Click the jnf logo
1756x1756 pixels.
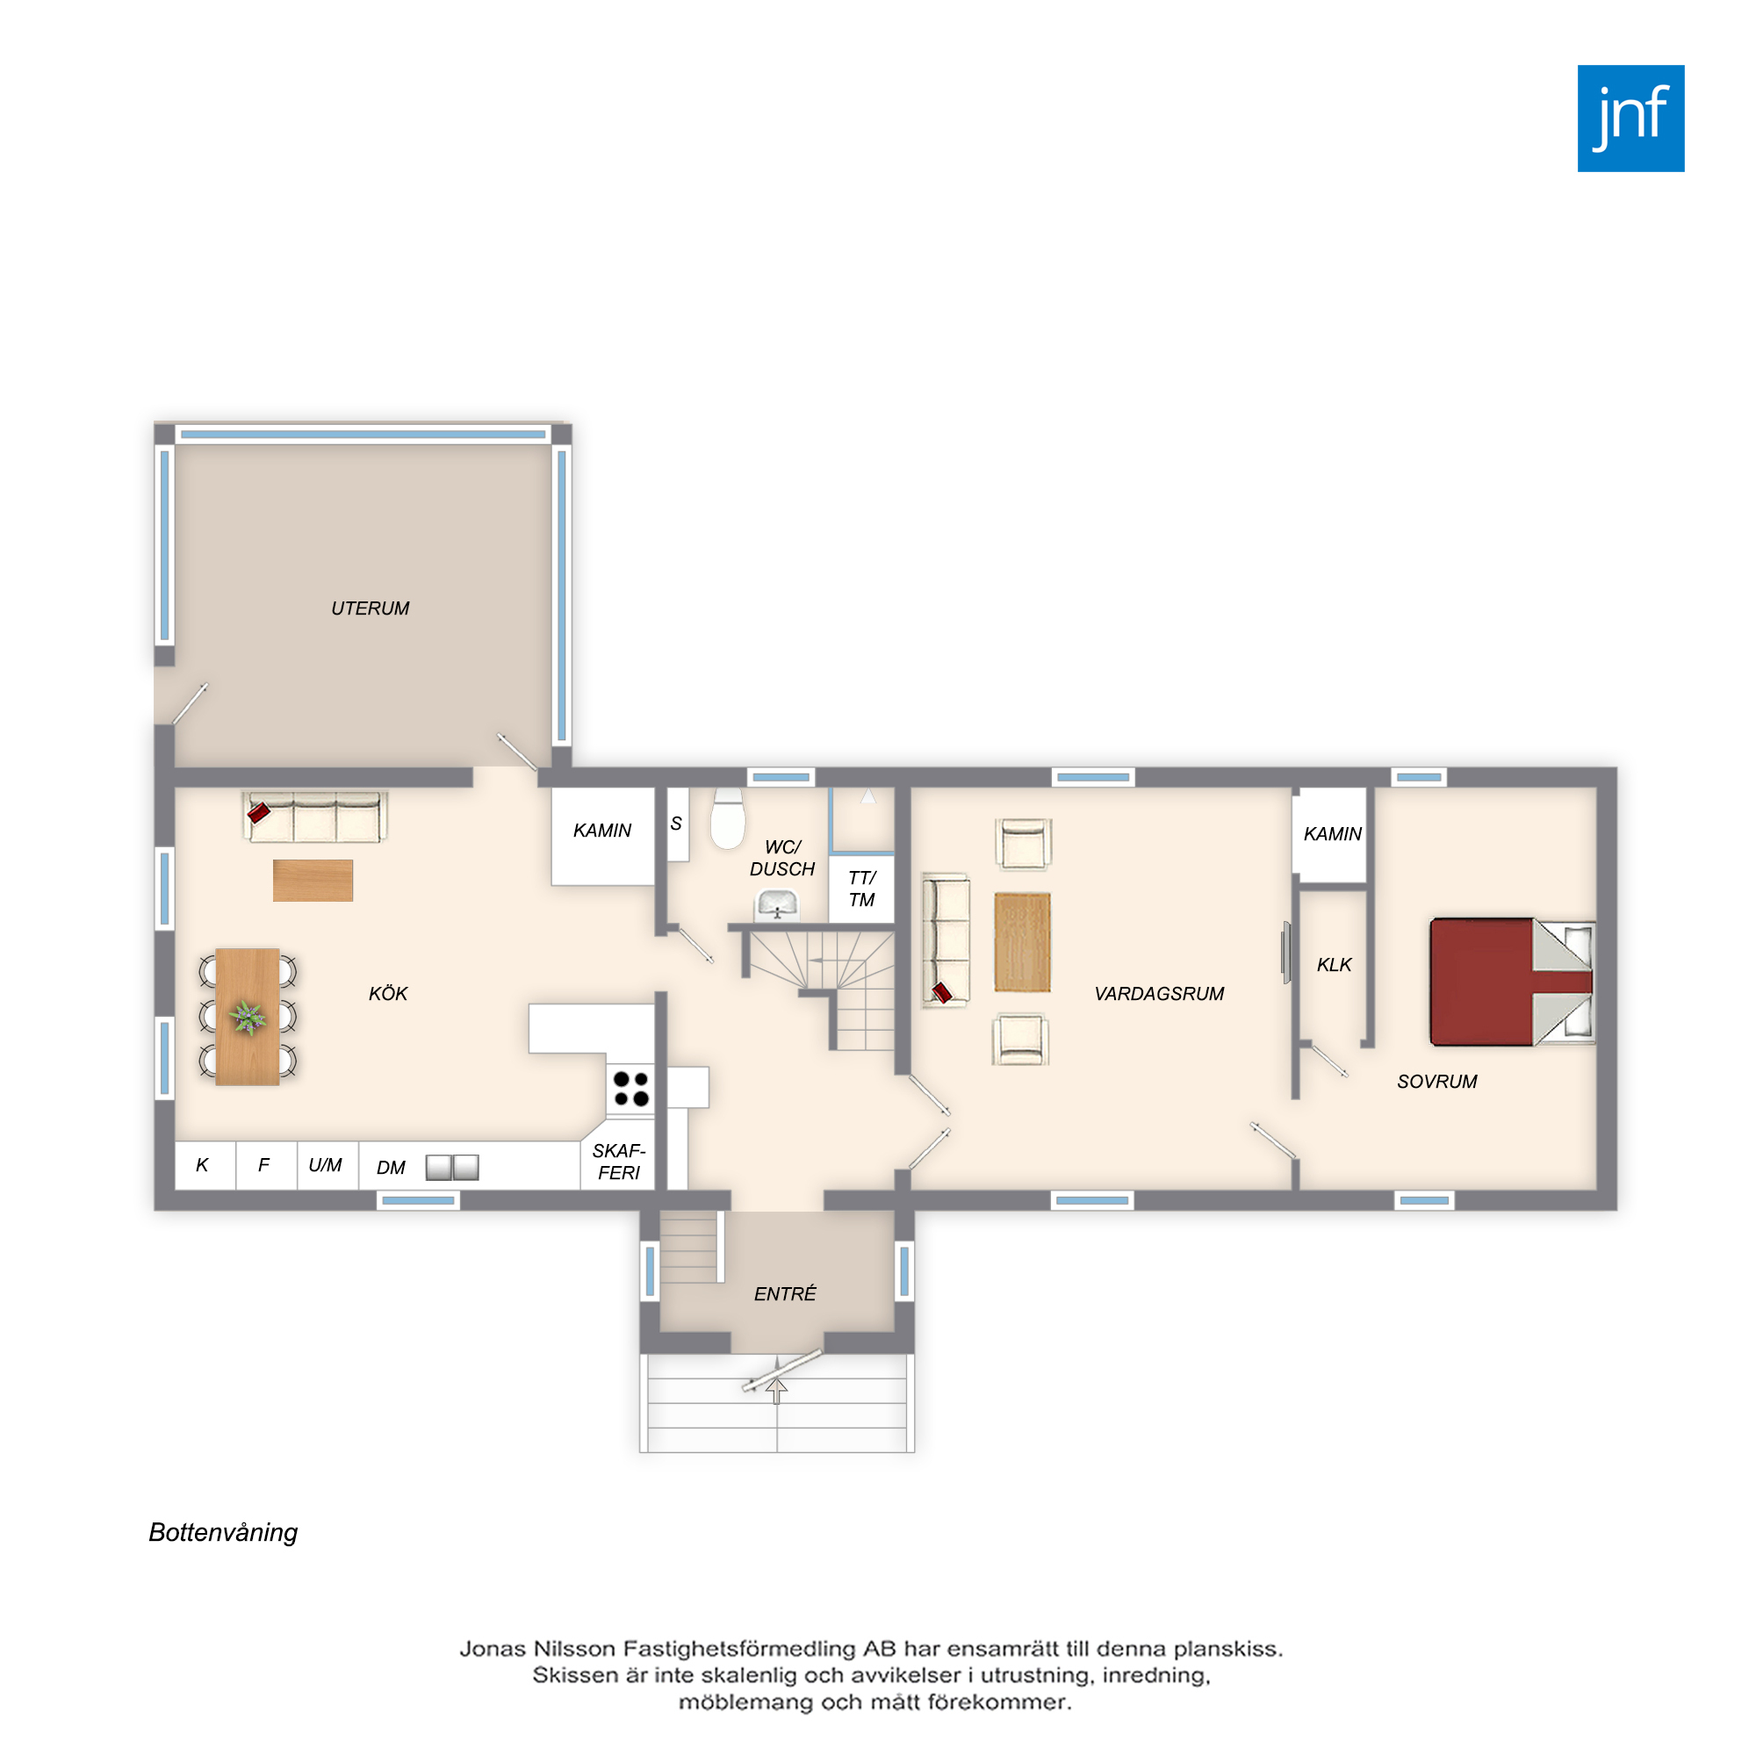click(x=1630, y=119)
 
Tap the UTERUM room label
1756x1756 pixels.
click(x=370, y=608)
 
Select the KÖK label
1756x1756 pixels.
click(x=388, y=992)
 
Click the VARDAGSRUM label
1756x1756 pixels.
click(x=1159, y=993)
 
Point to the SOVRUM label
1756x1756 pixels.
click(x=1437, y=1081)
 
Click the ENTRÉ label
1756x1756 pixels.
click(x=785, y=1292)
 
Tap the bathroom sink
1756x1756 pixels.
click(x=777, y=905)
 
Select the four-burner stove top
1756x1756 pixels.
click(x=630, y=1089)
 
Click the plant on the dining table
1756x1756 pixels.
click(x=248, y=1017)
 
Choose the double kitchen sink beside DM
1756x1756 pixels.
click(x=453, y=1167)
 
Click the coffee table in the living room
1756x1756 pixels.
click(x=1023, y=941)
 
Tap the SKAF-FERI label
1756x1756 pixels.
click(x=619, y=1162)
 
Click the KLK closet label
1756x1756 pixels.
click(x=1335, y=964)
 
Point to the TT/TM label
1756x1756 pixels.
click(x=861, y=889)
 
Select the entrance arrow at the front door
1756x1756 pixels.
click(x=776, y=1391)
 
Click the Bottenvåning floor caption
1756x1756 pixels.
click(x=224, y=1533)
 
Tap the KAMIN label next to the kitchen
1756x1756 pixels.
click(x=601, y=830)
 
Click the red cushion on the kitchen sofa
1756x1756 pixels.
click(x=259, y=811)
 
